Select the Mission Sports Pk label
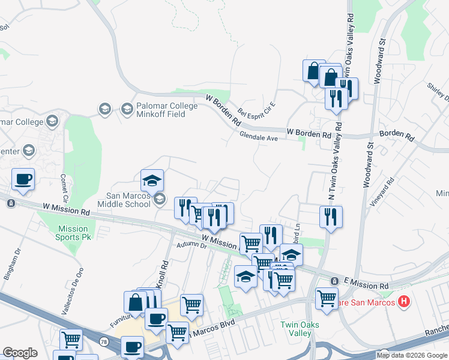tap(73, 233)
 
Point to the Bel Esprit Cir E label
tap(256, 103)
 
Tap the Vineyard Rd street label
tap(382, 192)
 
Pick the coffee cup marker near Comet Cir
tap(23, 179)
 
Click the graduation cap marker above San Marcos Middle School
tap(152, 180)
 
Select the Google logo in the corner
tap(20, 353)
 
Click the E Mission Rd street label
tap(366, 282)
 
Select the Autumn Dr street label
tap(191, 246)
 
